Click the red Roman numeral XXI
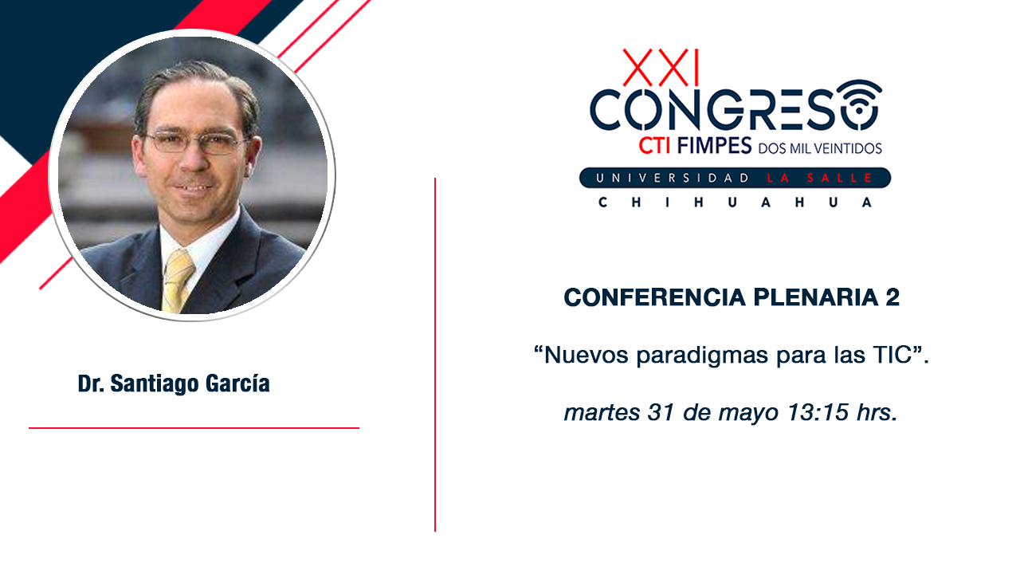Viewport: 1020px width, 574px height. click(661, 68)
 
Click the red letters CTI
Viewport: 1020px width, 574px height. click(655, 146)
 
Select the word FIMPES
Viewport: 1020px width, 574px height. click(714, 146)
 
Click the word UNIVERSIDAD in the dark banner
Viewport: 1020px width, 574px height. click(672, 178)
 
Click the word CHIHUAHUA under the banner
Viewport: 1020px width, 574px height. click(735, 202)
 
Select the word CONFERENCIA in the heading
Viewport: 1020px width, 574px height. click(655, 297)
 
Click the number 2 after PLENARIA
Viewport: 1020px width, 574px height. click(892, 297)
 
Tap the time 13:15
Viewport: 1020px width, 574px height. click(818, 412)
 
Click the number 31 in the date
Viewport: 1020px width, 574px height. click(661, 412)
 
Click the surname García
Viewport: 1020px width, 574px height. click(237, 383)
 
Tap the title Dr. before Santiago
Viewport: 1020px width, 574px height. click(91, 383)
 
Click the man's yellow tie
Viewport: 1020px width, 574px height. click(178, 280)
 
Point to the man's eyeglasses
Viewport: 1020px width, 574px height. click(196, 142)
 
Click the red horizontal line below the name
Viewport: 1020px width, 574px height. click(194, 428)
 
